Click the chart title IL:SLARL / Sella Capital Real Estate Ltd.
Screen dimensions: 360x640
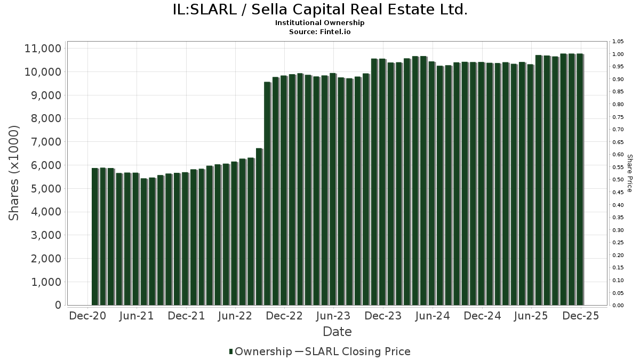click(320, 10)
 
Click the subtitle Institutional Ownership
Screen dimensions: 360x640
click(320, 23)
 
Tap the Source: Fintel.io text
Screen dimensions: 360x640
click(320, 31)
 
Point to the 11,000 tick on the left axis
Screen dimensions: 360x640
click(43, 49)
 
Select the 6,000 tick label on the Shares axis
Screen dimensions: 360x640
click(43, 165)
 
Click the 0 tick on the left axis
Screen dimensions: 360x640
click(57, 305)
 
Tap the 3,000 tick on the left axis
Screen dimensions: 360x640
click(43, 235)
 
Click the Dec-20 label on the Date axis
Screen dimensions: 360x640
click(87, 316)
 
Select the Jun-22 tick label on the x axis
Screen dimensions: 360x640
click(235, 316)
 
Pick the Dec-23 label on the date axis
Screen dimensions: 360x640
click(383, 316)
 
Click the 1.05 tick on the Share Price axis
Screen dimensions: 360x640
click(618, 42)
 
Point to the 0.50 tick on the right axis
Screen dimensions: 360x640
click(618, 180)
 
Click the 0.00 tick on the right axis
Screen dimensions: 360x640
click(618, 306)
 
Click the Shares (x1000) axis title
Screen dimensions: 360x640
click(14, 173)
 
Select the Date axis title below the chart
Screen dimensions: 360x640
click(337, 332)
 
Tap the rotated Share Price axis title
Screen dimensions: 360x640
click(629, 173)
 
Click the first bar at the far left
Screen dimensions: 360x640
click(95, 237)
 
